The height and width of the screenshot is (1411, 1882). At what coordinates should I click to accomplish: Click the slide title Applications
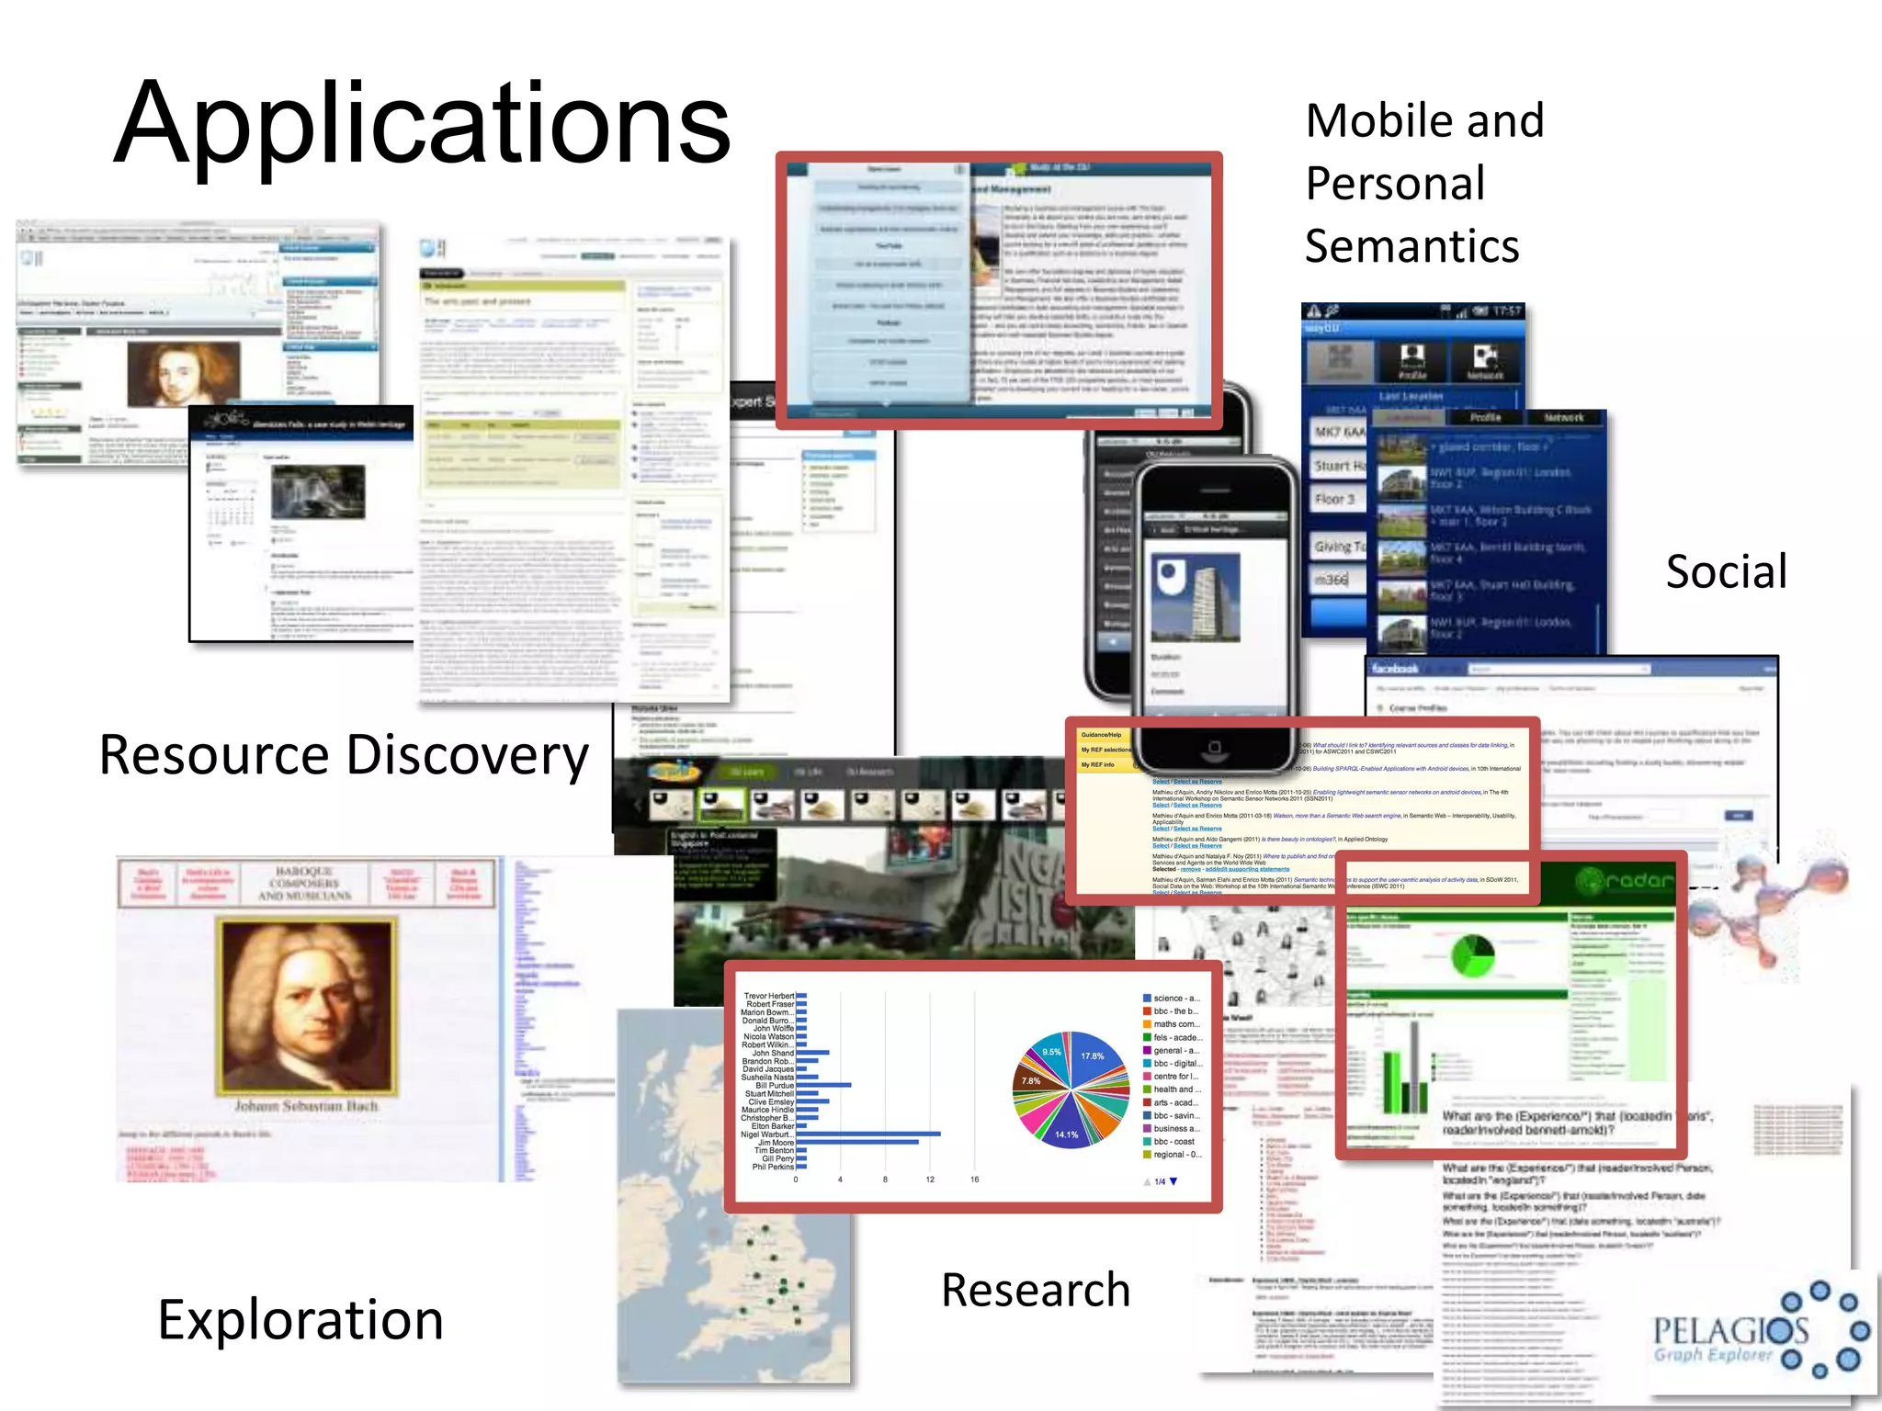pyautogui.click(x=423, y=124)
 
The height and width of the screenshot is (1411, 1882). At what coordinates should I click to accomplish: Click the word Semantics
pyautogui.click(x=1411, y=246)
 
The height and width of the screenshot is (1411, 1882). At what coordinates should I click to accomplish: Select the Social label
pyautogui.click(x=1726, y=571)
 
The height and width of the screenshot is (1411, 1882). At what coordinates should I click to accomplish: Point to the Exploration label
pyautogui.click(x=300, y=1320)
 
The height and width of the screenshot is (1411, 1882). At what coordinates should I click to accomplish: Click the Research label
pyautogui.click(x=1036, y=1290)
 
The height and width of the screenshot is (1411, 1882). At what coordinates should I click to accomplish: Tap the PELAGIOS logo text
pyautogui.click(x=1729, y=1330)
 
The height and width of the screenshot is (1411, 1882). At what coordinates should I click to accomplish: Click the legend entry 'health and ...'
pyautogui.click(x=1176, y=1089)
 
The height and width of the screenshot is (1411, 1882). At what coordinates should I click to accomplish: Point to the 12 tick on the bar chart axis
pyautogui.click(x=930, y=1180)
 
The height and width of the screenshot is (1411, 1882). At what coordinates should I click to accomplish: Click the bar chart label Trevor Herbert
pyautogui.click(x=769, y=996)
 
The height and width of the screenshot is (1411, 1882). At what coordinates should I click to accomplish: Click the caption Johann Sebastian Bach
pyautogui.click(x=306, y=1106)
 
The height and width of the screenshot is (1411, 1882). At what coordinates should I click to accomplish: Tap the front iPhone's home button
pyautogui.click(x=1214, y=747)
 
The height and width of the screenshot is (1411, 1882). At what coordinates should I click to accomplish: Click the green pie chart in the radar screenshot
pyautogui.click(x=1472, y=956)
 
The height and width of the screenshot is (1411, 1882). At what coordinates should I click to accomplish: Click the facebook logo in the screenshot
pyautogui.click(x=1396, y=669)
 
